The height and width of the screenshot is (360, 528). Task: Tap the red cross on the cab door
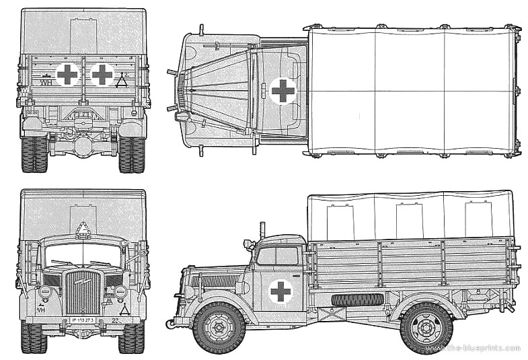pos(280,291)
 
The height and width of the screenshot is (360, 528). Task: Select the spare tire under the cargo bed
pos(357,299)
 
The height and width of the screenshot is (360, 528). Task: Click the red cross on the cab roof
pos(282,90)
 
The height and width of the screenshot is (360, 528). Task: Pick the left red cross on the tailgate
pos(67,75)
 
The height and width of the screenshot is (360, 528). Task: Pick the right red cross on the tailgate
pos(102,75)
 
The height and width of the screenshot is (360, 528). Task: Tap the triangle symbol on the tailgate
pos(122,82)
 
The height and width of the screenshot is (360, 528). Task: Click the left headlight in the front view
pos(46,292)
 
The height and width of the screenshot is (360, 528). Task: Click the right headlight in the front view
pos(120,292)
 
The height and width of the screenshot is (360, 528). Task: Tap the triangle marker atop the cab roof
pos(83,229)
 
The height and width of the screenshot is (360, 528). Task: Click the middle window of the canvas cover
pos(409,218)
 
